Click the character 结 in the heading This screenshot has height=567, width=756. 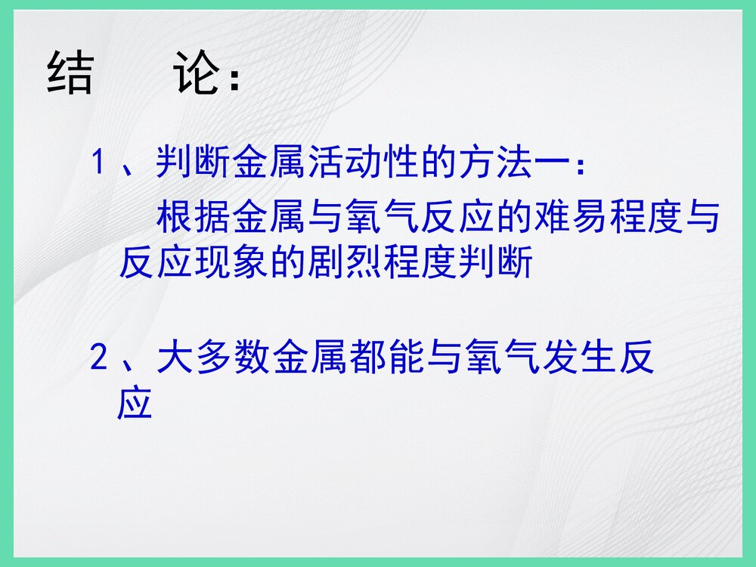[x=70, y=73]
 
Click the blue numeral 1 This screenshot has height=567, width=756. [x=97, y=162]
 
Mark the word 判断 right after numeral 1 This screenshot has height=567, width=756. [x=194, y=162]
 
